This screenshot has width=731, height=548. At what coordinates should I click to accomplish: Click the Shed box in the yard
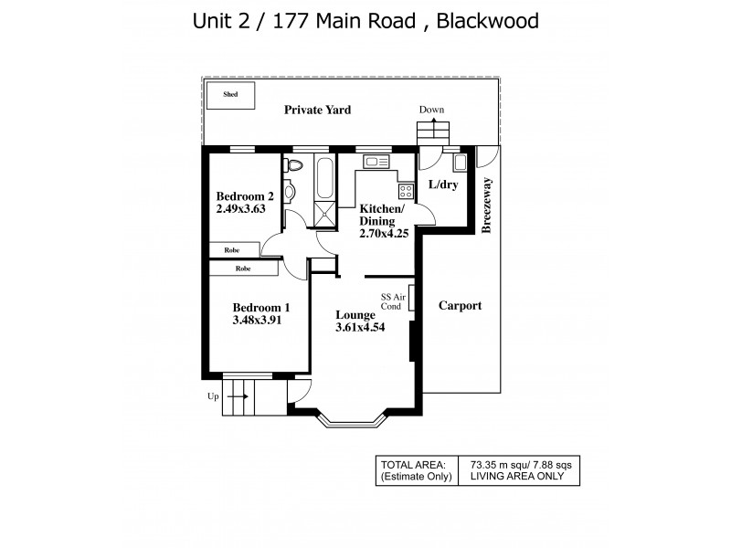pos(230,93)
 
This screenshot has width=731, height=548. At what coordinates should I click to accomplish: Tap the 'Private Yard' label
pos(317,110)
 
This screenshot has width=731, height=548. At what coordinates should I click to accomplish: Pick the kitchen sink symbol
pos(376,163)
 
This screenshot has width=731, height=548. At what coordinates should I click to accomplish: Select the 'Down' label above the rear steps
pos(431,110)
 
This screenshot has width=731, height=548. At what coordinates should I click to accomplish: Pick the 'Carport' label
pos(459,306)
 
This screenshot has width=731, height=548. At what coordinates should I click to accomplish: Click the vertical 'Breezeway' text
pos(486,205)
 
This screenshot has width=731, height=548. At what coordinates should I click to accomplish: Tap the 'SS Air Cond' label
pos(390,301)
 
